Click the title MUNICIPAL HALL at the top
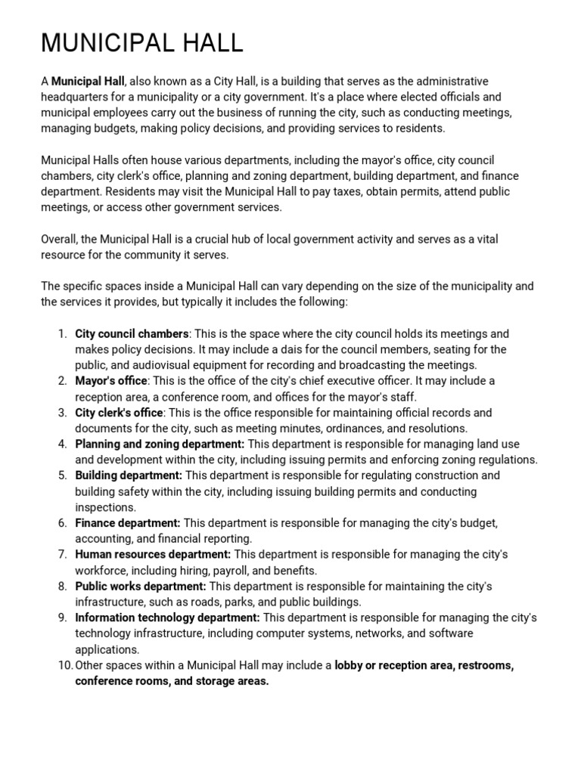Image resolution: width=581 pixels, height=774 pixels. pos(141,43)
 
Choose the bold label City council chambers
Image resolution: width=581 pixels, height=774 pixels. pos(131,334)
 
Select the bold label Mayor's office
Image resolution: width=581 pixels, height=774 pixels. pos(110,381)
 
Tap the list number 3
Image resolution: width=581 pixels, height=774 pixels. pos(62,413)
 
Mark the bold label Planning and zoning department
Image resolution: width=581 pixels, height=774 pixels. pos(160,444)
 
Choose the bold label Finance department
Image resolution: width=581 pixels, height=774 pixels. pos(127,523)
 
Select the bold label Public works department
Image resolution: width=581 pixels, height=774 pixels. pos(140,587)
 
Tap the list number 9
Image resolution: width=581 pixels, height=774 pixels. pos(62,618)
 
